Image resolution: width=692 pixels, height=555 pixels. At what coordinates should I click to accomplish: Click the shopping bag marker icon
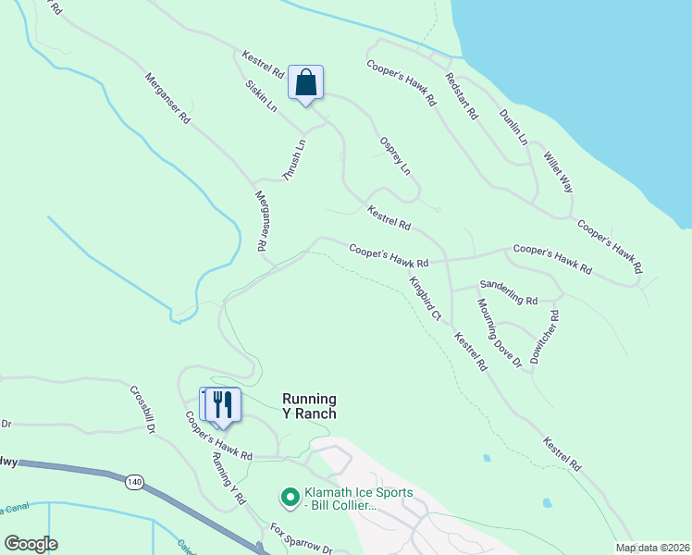(305, 84)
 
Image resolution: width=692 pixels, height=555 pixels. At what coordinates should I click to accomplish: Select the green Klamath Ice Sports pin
(289, 499)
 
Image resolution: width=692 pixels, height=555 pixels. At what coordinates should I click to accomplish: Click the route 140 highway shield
(135, 482)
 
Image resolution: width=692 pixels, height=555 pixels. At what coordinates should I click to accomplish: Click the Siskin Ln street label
(262, 95)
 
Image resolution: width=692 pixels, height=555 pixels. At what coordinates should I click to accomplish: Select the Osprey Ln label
(394, 155)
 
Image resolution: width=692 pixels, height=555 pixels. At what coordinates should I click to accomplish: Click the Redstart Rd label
(461, 96)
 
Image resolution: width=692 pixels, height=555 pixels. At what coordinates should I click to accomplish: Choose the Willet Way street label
(559, 172)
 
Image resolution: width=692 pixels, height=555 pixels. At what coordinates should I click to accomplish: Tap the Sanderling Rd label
(509, 293)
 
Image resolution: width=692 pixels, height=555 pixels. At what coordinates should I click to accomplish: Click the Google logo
(31, 544)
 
